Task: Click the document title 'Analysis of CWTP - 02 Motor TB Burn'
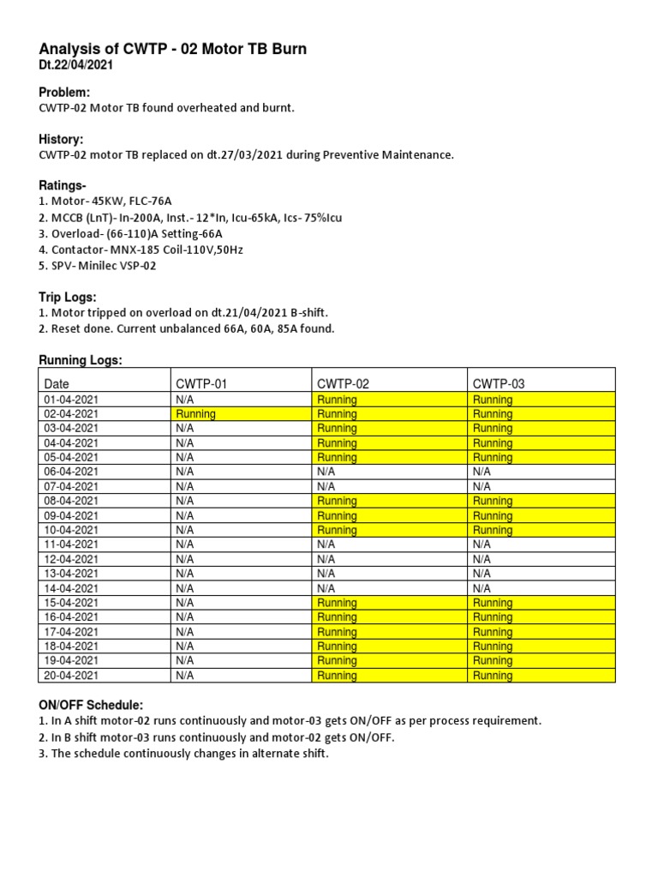tap(172, 50)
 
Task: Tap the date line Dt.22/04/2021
tap(75, 65)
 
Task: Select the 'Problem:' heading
tap(64, 93)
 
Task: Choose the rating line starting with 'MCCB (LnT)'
tap(190, 218)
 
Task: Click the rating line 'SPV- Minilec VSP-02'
tap(98, 266)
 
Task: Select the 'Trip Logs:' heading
tap(69, 297)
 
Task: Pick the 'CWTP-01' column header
tap(201, 384)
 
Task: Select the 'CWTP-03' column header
tap(498, 384)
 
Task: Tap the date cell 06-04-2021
tap(71, 472)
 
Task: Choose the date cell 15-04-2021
tap(71, 603)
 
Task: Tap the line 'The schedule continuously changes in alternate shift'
tap(183, 753)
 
